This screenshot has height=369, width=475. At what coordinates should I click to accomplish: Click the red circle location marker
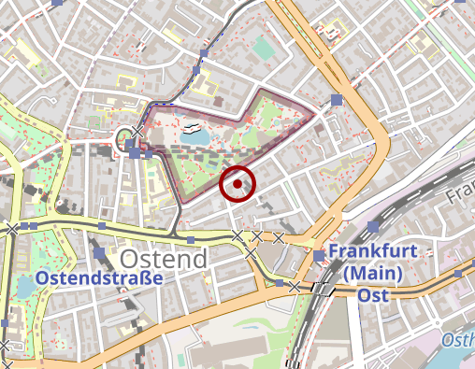point(238,184)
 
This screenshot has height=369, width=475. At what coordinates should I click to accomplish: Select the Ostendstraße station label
point(99,278)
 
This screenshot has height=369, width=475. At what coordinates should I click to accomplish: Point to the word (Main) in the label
point(371,274)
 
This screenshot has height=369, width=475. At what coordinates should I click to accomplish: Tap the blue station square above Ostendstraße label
point(99,253)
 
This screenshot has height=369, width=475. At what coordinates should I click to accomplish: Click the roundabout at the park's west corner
point(125,141)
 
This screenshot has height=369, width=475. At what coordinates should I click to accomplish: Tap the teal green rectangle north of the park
point(265,47)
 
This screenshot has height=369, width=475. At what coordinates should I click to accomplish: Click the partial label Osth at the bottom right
point(458,340)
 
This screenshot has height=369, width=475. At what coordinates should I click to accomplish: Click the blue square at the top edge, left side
point(58,3)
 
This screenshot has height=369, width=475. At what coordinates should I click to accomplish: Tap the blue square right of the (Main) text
point(458,274)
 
